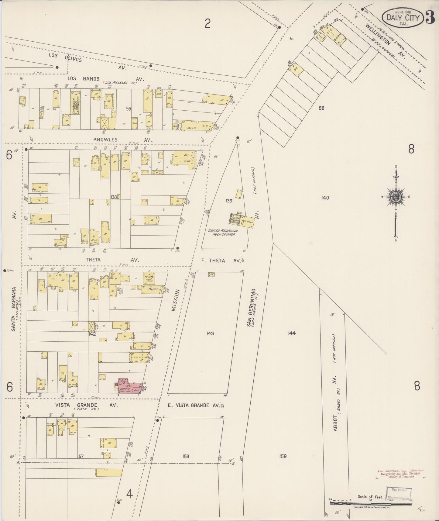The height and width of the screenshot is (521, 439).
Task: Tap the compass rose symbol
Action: [x=396, y=197]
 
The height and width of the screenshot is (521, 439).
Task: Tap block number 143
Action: [x=210, y=333]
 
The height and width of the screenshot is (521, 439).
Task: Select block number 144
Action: [x=292, y=333]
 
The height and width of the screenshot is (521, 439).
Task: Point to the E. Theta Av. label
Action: [x=221, y=260]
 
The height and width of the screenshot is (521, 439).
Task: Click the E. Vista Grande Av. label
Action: [x=194, y=405]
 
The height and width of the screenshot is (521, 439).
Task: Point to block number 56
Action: [x=321, y=108]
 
